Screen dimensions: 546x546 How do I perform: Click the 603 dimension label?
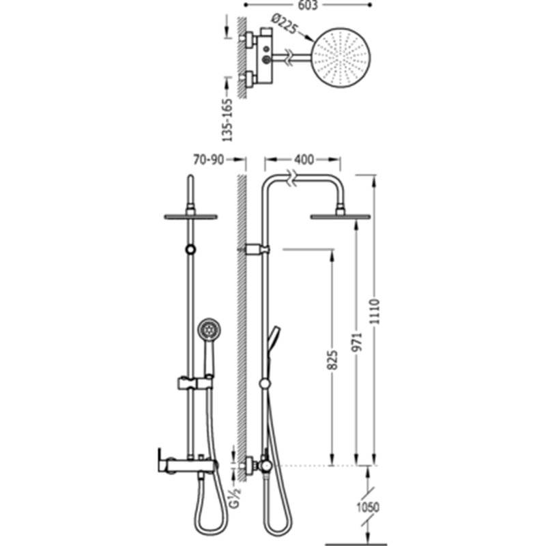308,5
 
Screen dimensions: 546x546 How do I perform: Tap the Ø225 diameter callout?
285,24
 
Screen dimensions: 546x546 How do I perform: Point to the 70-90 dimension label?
209,160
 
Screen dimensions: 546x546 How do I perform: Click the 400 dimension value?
304,160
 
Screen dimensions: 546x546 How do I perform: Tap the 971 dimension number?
357,343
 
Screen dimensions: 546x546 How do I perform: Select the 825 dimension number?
332,360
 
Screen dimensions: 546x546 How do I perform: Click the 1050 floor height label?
368,507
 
